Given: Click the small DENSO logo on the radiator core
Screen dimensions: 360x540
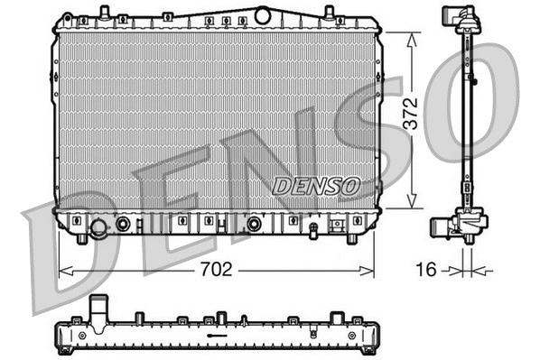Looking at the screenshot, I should pyautogui.click(x=316, y=186).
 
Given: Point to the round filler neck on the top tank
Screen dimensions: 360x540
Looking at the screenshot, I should pyautogui.click(x=263, y=14).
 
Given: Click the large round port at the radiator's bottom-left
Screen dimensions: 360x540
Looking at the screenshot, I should pyautogui.click(x=98, y=227).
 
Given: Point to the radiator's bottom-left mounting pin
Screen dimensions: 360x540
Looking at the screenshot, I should pyautogui.click(x=82, y=238).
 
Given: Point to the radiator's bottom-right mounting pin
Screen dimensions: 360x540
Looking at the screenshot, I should pyautogui.click(x=352, y=238).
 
